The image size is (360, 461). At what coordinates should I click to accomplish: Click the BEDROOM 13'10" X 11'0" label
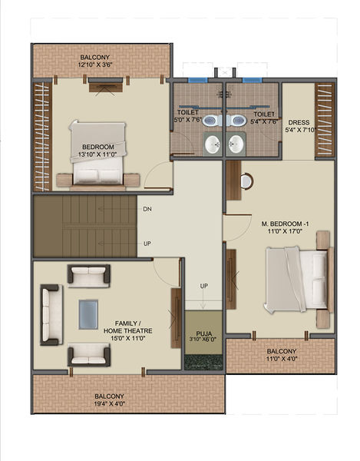tap(98, 151)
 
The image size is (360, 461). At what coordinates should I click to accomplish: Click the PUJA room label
tap(203, 334)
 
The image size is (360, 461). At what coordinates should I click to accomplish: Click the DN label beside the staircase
tap(147, 209)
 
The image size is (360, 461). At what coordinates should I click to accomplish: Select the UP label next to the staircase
tap(147, 244)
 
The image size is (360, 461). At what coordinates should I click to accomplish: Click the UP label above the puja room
tap(203, 286)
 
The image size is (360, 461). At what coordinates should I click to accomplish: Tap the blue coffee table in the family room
tap(89, 313)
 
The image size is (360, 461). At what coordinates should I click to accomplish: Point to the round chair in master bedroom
tap(246, 181)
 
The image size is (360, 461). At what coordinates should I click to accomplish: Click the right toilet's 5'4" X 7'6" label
tap(261, 116)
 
